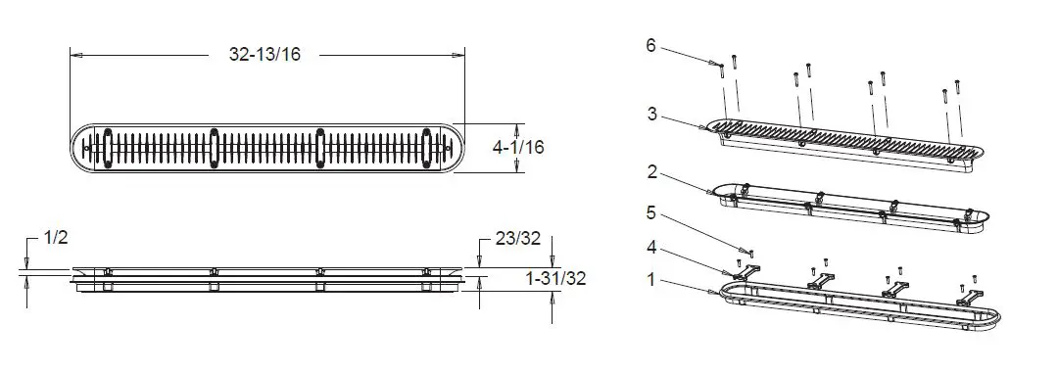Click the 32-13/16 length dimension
(265, 55)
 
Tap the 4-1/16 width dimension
(518, 147)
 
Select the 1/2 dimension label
(57, 238)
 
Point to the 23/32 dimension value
(516, 238)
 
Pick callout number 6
(650, 46)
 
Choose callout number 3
(651, 114)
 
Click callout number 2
(651, 172)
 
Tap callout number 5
(651, 213)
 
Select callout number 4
(651, 247)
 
